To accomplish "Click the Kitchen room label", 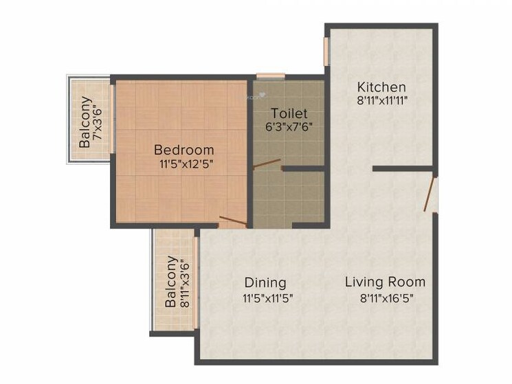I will pyautogui.click(x=381, y=87).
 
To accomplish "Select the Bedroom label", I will pyautogui.click(x=183, y=149).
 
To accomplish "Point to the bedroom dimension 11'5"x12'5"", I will pyautogui.click(x=183, y=163).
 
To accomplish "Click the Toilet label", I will pyautogui.click(x=289, y=113).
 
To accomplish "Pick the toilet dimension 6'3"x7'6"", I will pyautogui.click(x=289, y=126).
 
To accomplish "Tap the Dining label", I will pyautogui.click(x=265, y=282).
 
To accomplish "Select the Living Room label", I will pyautogui.click(x=385, y=282).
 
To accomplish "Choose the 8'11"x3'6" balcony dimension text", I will pyautogui.click(x=184, y=282).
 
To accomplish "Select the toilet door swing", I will pyautogui.click(x=267, y=164).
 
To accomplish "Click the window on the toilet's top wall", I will pyautogui.click(x=271, y=76).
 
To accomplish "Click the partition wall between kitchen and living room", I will pyautogui.click(x=403, y=168).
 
